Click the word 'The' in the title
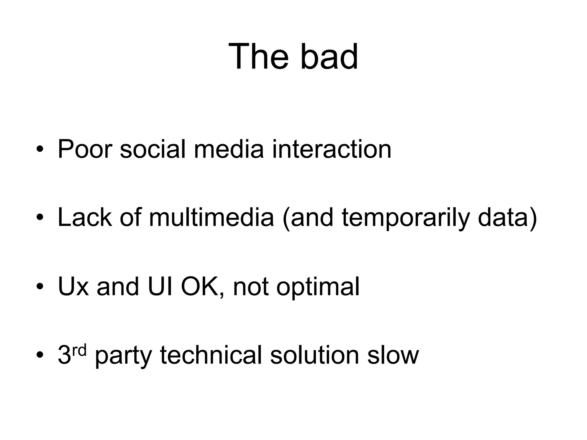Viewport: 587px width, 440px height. (258, 56)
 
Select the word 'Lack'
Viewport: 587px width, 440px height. (85, 217)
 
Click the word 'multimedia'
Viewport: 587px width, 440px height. (212, 217)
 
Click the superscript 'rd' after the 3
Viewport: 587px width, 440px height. (80, 351)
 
